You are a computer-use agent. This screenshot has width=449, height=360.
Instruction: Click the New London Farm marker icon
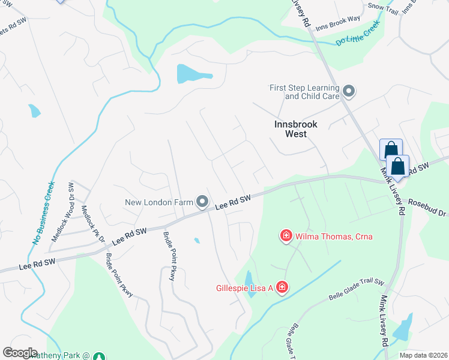coord(203,202)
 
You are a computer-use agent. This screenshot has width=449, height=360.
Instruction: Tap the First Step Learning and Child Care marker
coord(349,92)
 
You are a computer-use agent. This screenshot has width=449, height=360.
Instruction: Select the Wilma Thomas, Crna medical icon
coord(286,236)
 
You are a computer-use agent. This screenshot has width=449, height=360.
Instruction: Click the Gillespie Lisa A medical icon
coord(280,288)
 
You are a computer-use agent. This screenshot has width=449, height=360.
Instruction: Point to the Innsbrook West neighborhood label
coord(299,129)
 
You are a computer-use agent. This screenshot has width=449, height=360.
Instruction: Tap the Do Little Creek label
coord(358,35)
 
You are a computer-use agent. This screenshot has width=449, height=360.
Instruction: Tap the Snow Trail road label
coord(383,7)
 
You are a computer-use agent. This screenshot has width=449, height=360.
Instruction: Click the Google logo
coord(20,353)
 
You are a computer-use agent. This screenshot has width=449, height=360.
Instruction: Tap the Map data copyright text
coord(423,355)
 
